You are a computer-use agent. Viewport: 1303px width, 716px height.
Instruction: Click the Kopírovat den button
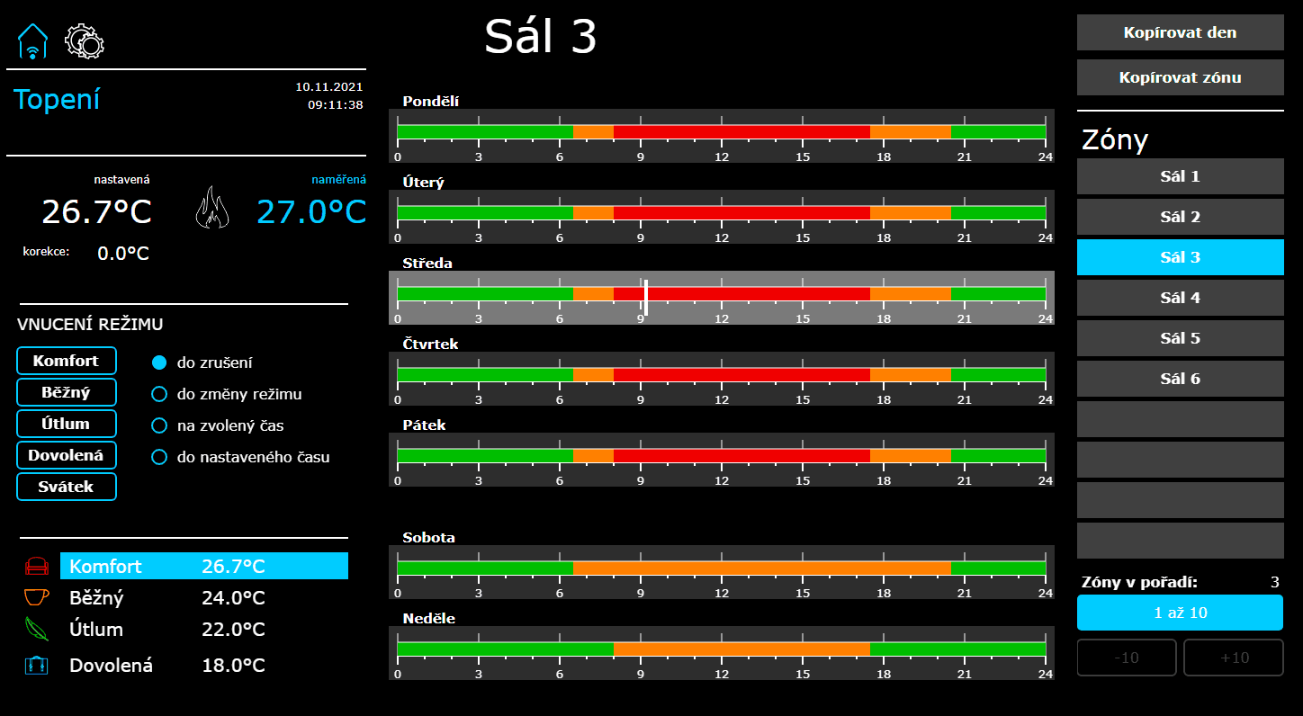pyautogui.click(x=1180, y=32)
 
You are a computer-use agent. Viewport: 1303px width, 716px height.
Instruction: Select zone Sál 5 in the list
pyautogui.click(x=1180, y=338)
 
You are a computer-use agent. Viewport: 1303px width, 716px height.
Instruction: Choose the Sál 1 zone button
pyautogui.click(x=1180, y=176)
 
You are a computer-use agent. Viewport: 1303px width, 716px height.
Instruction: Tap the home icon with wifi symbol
pyautogui.click(x=32, y=41)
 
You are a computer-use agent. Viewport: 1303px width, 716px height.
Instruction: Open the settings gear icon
pyautogui.click(x=85, y=41)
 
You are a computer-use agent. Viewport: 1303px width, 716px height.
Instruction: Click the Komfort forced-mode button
pyautogui.click(x=67, y=361)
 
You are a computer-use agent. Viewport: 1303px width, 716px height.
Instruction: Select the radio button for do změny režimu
pyautogui.click(x=158, y=394)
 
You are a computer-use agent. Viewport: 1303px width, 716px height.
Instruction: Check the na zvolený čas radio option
pyautogui.click(x=158, y=425)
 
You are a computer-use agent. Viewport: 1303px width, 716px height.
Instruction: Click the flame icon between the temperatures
pyautogui.click(x=212, y=208)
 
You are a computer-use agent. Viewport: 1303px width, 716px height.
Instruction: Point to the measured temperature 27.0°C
pyautogui.click(x=311, y=211)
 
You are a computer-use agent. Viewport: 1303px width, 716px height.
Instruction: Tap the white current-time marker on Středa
pyautogui.click(x=646, y=297)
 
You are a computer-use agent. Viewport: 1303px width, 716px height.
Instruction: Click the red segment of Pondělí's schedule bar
pyautogui.click(x=741, y=132)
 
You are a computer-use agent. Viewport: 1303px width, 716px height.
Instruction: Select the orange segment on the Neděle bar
pyautogui.click(x=741, y=649)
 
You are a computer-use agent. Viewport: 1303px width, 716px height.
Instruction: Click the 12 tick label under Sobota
pyautogui.click(x=722, y=594)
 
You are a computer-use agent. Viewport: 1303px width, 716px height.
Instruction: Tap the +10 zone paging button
pyautogui.click(x=1233, y=658)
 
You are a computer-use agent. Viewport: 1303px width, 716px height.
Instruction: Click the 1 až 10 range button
pyautogui.click(x=1180, y=613)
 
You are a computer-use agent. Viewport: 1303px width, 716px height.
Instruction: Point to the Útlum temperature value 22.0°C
pyautogui.click(x=233, y=630)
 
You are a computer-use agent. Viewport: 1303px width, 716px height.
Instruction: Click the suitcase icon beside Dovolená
pyautogui.click(x=36, y=665)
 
